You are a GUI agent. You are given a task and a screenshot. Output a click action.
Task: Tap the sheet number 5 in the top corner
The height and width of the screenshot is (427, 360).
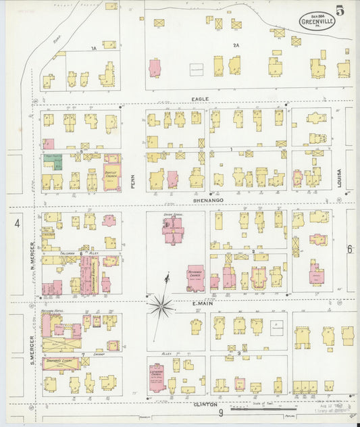347,11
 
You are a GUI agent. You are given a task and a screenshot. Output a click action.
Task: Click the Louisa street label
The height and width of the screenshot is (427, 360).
341,177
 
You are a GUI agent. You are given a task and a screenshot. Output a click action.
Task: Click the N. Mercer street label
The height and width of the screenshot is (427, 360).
32,254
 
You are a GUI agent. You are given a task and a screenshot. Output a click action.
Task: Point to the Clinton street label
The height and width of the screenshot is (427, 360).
205,404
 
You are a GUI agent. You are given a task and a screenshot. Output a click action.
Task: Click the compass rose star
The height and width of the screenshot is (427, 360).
161,306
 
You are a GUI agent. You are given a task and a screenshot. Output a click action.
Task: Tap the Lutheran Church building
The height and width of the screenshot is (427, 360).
157,378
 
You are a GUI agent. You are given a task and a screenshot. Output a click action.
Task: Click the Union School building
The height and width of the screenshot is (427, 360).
172,230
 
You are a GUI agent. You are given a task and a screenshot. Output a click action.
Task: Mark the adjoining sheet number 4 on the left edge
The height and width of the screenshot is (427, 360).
17,222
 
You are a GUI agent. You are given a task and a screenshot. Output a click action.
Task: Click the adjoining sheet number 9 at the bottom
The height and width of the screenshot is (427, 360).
220,412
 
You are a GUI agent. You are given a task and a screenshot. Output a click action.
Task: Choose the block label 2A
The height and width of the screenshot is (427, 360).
236,45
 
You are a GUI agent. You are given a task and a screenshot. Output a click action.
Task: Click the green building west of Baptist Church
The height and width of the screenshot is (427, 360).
53,162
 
